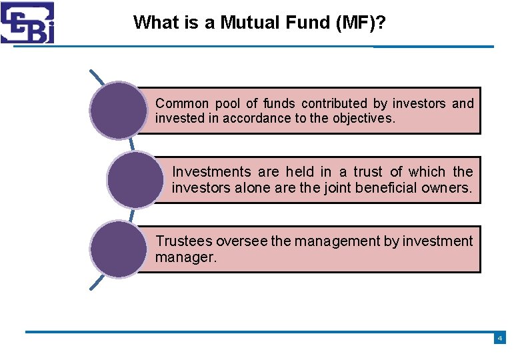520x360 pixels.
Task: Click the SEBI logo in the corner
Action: coord(27,22)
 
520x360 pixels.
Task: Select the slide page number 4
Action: coord(499,339)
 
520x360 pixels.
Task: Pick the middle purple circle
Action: coord(134,179)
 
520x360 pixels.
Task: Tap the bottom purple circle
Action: coord(118,249)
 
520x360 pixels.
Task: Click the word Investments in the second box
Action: coord(210,172)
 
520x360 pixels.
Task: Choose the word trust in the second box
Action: coord(367,172)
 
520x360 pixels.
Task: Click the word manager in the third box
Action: coord(185,257)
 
